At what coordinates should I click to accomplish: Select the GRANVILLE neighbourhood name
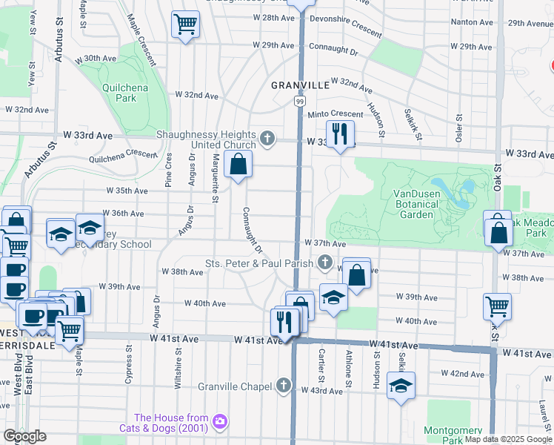click(300, 85)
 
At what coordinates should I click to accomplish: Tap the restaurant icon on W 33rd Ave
click(340, 134)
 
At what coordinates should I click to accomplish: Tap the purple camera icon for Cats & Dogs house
click(219, 422)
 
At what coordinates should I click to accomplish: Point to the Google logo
click(25, 436)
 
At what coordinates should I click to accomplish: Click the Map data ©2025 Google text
click(508, 439)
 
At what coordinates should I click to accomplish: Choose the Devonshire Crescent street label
click(345, 26)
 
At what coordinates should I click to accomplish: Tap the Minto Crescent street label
click(336, 114)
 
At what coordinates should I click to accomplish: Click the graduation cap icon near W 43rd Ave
click(401, 386)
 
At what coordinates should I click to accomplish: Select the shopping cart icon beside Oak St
click(497, 305)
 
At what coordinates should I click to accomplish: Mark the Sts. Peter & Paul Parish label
click(261, 263)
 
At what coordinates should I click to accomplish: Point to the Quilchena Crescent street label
click(123, 154)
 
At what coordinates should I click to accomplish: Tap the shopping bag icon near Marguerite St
click(238, 164)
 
